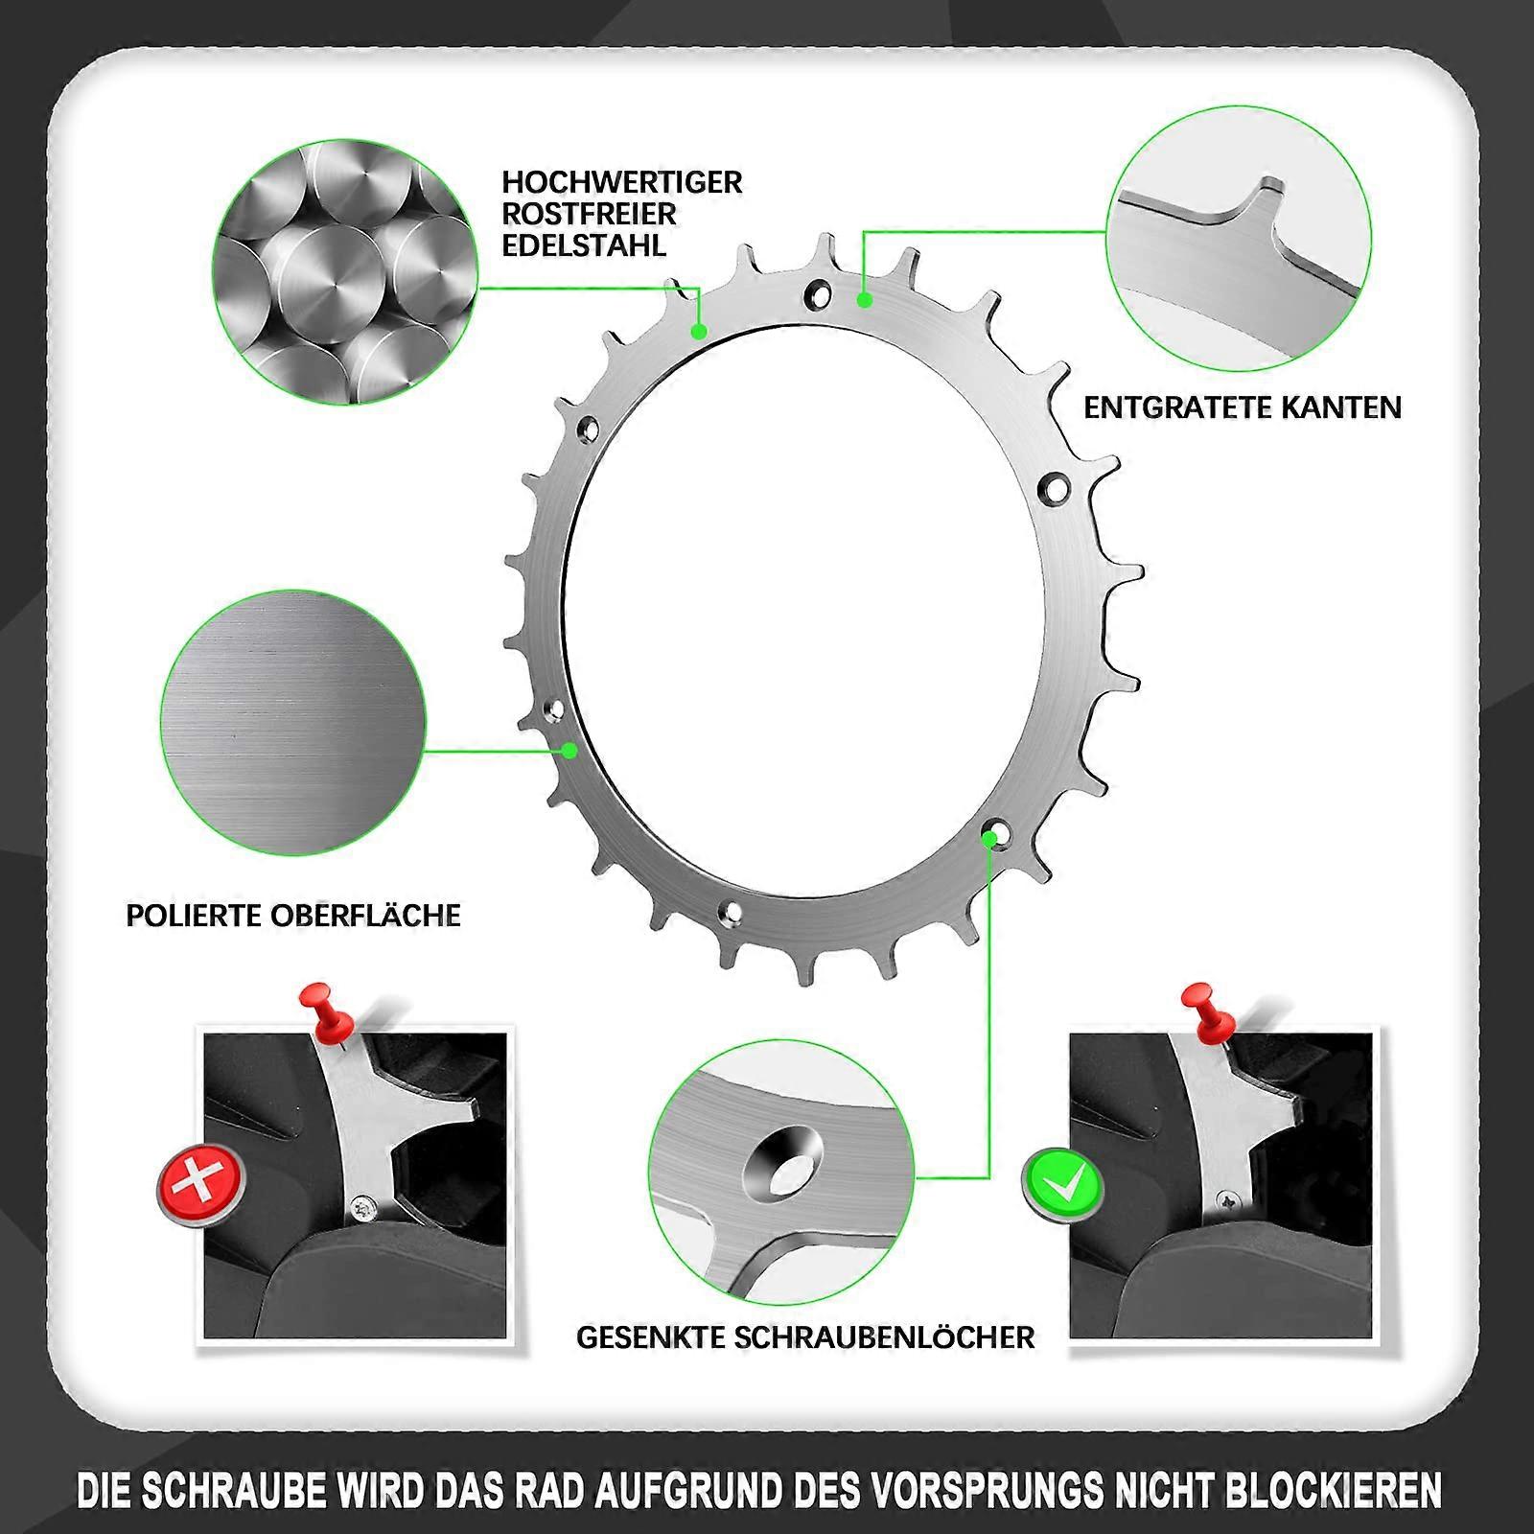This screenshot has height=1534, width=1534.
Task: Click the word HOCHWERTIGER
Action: (x=622, y=182)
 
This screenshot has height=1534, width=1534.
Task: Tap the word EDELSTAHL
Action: (x=584, y=245)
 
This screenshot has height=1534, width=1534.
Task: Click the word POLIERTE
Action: (x=194, y=916)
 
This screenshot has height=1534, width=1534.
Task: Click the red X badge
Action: (x=201, y=1187)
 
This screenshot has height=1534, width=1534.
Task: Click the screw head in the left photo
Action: (x=363, y=1207)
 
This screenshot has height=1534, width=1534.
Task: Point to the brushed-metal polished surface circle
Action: (x=293, y=723)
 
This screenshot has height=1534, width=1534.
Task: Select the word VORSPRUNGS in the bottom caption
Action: (x=987, y=1491)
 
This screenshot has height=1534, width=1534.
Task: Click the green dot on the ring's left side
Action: (x=569, y=751)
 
